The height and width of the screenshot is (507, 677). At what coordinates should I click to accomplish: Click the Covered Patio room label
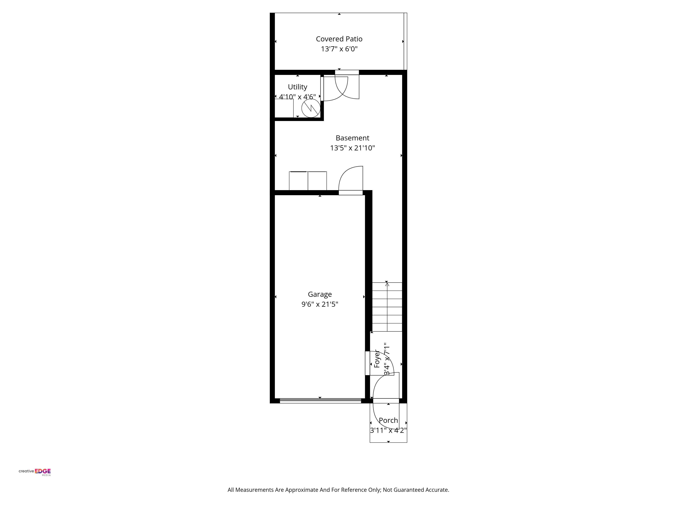tap(339, 39)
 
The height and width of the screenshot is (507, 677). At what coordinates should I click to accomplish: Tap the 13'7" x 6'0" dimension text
tap(339, 49)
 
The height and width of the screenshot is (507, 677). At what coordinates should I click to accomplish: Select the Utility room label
tap(298, 87)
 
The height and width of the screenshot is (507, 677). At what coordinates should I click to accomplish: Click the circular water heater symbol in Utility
tap(311, 108)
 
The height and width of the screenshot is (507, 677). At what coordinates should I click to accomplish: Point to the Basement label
tap(353, 138)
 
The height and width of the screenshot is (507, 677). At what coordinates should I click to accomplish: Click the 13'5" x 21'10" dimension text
tap(353, 148)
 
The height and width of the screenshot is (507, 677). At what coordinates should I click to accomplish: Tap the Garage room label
tap(320, 294)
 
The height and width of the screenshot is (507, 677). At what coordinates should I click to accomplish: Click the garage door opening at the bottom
tap(320, 401)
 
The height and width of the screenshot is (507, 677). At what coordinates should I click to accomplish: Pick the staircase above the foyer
tap(387, 307)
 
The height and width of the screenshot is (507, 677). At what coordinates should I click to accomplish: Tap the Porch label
tap(388, 420)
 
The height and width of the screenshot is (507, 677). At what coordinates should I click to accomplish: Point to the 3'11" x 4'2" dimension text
tap(388, 430)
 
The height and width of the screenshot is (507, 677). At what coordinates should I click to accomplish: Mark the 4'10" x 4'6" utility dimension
tap(298, 97)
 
